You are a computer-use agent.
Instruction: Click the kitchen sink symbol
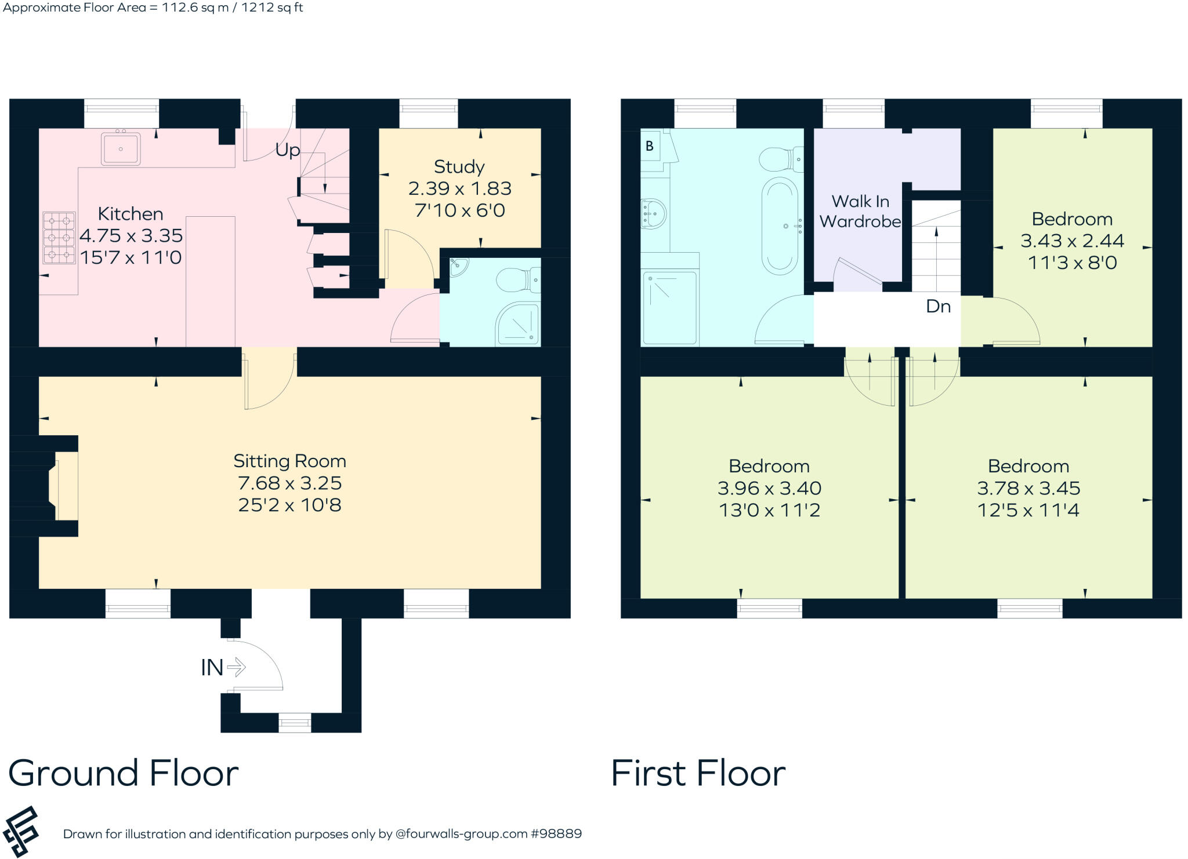[x=121, y=149]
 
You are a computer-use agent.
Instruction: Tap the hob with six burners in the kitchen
[x=59, y=238]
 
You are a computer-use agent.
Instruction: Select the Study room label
[x=459, y=167]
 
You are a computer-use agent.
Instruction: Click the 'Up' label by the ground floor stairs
[x=288, y=150]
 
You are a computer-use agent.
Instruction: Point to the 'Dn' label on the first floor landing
[x=938, y=307]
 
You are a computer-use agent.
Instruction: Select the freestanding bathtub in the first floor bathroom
[x=780, y=226]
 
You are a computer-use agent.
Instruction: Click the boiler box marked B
[x=650, y=146]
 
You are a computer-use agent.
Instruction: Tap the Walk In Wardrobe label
[x=860, y=212]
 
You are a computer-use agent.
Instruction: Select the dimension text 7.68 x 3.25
[x=289, y=483]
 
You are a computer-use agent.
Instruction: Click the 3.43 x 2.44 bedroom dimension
[x=1072, y=241]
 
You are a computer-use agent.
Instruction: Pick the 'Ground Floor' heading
[x=124, y=773]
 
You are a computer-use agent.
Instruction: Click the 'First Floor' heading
[x=698, y=773]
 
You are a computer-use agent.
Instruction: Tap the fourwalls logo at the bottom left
[x=21, y=832]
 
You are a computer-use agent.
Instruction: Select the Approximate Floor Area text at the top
[x=153, y=8]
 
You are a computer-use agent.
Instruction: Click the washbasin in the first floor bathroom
[x=654, y=213]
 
